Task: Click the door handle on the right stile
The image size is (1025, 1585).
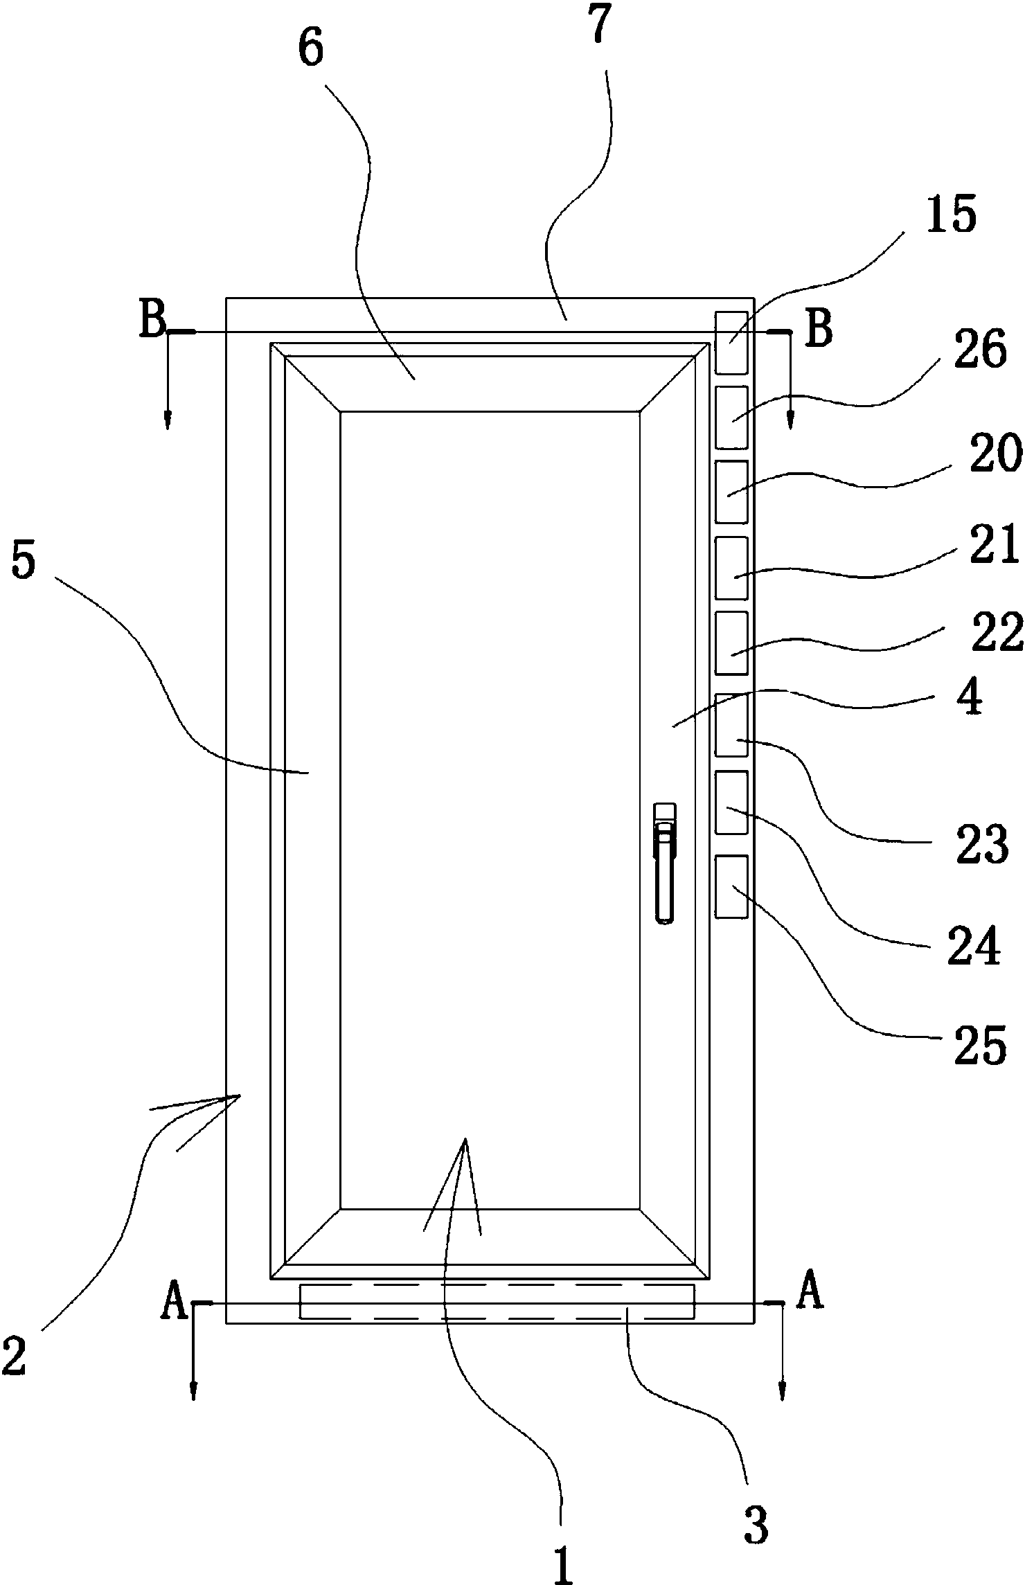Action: [x=665, y=863]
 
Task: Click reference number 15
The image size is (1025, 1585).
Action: [x=950, y=215]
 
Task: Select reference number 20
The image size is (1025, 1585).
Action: [x=996, y=454]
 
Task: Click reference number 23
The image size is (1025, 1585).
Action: [x=981, y=844]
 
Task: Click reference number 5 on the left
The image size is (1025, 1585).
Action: [x=23, y=562]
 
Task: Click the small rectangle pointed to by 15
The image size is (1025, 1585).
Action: [x=731, y=343]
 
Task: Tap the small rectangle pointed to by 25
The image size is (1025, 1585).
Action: [x=731, y=887]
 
